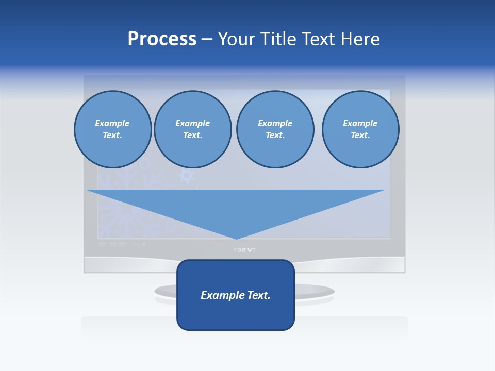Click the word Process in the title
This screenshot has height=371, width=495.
coord(162,39)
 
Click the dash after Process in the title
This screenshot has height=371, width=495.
coord(207,40)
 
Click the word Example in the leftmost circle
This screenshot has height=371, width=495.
coord(112,123)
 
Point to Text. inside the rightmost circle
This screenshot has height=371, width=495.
coord(360,135)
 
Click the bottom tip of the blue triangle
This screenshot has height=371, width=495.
coord(237,238)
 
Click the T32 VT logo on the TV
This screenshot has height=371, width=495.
coord(244,250)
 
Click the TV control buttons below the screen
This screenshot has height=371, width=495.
coord(112,245)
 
